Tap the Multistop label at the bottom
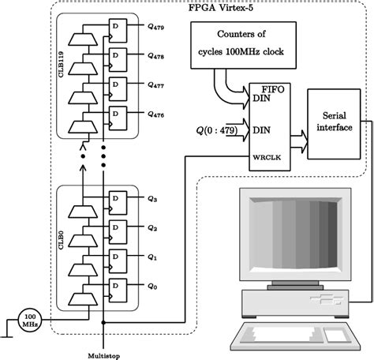coord(103,352)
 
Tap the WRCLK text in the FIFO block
coord(262,156)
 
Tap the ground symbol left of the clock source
coord(6,332)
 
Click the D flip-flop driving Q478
coord(118,62)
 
